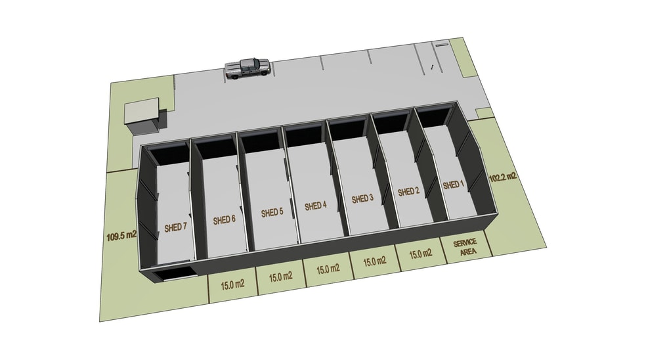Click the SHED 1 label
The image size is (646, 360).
point(453,185)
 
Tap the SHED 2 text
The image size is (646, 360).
point(408,192)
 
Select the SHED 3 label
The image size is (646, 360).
point(362,199)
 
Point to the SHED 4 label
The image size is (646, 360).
point(316,206)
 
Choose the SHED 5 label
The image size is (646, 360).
point(272,212)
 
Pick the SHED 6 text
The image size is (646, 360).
point(224,220)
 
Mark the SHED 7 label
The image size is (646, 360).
point(175,227)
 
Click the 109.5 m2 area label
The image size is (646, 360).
point(121,236)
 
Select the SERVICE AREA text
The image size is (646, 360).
point(466,247)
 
